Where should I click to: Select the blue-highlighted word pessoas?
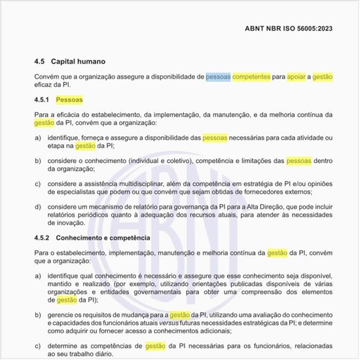[218, 77]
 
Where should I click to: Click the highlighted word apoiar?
[297, 77]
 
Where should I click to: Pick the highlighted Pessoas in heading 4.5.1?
[69, 100]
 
